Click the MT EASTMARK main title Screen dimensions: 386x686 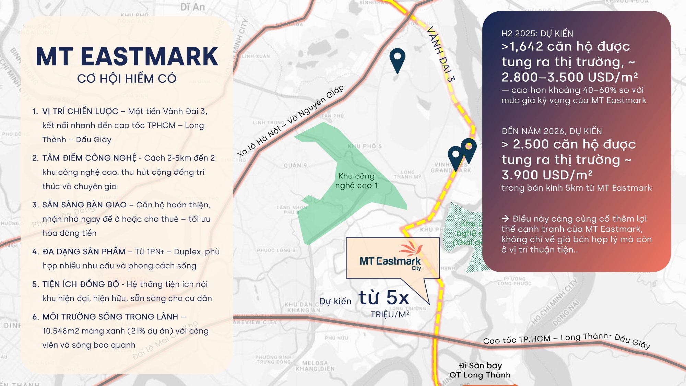coord(127,57)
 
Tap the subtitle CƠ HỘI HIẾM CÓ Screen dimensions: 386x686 coord(127,79)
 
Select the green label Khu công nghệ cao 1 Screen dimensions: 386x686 coord(356,181)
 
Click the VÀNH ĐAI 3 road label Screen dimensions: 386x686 coord(441,54)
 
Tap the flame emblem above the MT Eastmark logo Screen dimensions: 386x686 coord(411,249)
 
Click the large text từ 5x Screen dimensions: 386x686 coord(384,297)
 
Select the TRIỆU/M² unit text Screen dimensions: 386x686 coord(390,314)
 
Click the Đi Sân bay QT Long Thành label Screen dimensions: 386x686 coord(480,370)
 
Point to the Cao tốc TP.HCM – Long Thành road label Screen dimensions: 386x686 coord(566,340)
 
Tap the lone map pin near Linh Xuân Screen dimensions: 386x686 coord(397,60)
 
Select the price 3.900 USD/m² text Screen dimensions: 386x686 coord(547,175)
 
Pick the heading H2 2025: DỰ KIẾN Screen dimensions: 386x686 coord(537,33)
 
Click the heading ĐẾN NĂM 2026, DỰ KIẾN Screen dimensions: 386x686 coord(552,131)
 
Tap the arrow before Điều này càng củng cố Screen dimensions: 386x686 coord(505,219)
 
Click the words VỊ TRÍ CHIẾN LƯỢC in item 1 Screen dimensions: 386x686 coord(80,111)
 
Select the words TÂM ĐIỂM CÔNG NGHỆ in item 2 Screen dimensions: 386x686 coord(89,158)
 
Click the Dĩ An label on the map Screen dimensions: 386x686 coord(192,7)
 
